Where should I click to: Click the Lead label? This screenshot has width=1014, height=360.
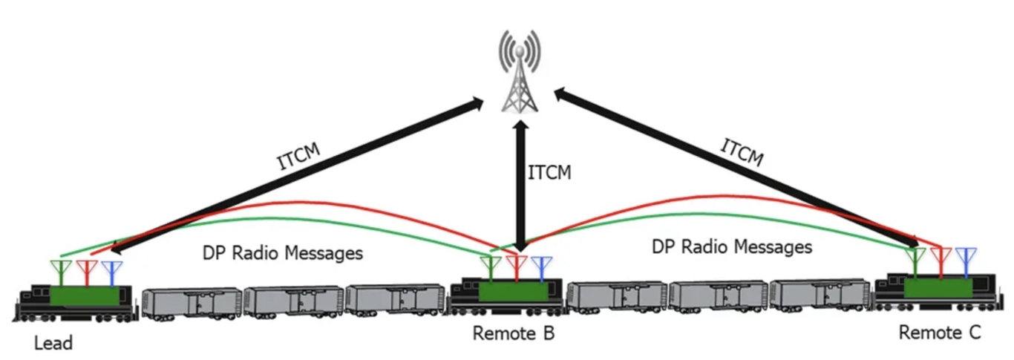(x=53, y=343)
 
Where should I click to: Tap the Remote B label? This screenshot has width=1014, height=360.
(x=514, y=333)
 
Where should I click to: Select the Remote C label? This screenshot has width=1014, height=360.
(x=939, y=333)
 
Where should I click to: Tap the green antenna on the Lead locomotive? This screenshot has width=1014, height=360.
(x=59, y=272)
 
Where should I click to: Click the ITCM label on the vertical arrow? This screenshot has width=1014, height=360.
(x=549, y=172)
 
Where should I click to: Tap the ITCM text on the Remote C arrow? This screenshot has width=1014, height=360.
(x=743, y=153)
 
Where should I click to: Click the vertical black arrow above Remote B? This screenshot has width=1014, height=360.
(x=520, y=186)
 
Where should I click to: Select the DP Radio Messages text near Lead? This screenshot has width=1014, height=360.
(x=282, y=253)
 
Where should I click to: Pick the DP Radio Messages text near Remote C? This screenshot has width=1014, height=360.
(x=731, y=246)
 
